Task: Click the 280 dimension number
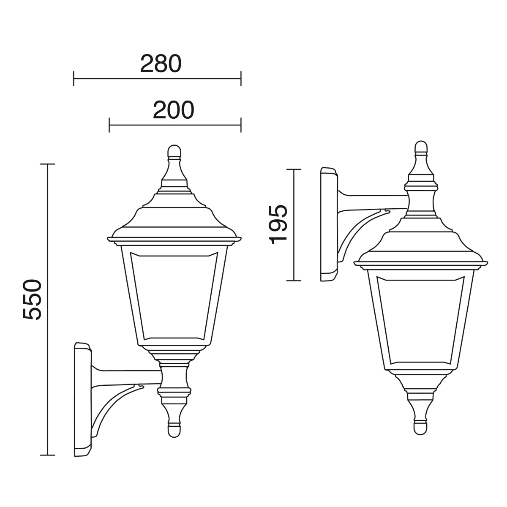coord(161,63)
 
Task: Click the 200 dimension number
coord(174,110)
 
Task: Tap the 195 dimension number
coord(278,224)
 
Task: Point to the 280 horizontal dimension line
coord(157,79)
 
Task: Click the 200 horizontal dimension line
coord(175,125)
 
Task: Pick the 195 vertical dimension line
coord(294,225)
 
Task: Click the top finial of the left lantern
coord(174,151)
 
